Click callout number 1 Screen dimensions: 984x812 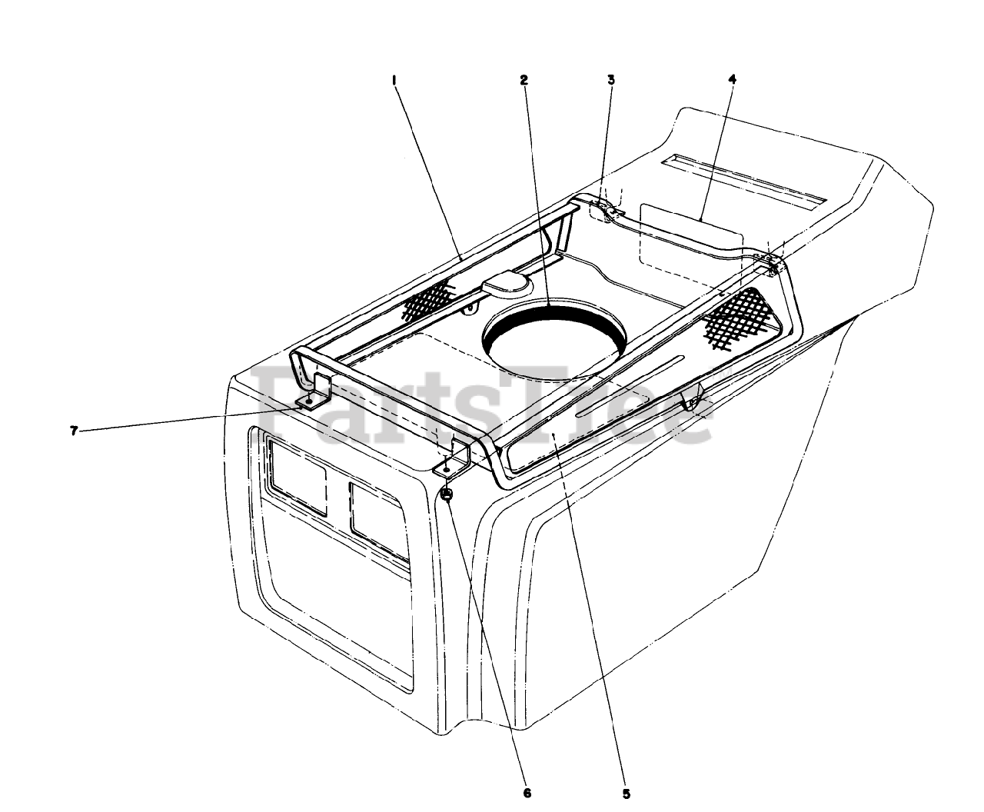coord(394,79)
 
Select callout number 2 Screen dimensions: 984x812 coord(524,79)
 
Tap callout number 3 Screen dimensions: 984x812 coord(611,79)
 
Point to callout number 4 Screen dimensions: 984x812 coord(733,79)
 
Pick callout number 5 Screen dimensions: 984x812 coord(626,794)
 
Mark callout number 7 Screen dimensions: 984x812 coord(74,431)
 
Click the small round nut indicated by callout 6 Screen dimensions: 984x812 coord(447,494)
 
